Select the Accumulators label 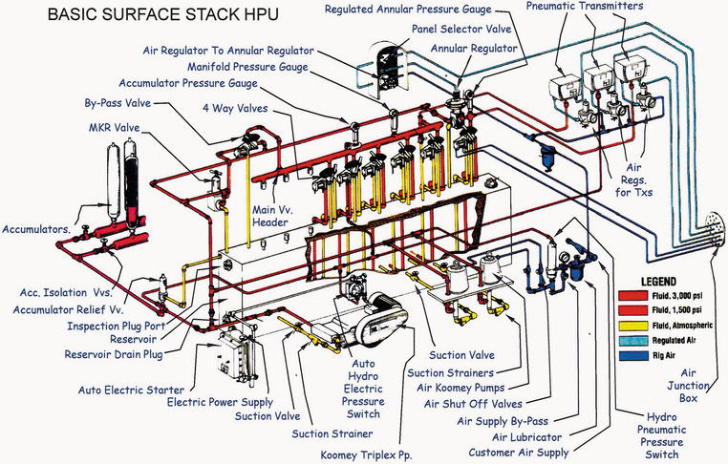coord(37,229)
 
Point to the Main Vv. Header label coord(270,215)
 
